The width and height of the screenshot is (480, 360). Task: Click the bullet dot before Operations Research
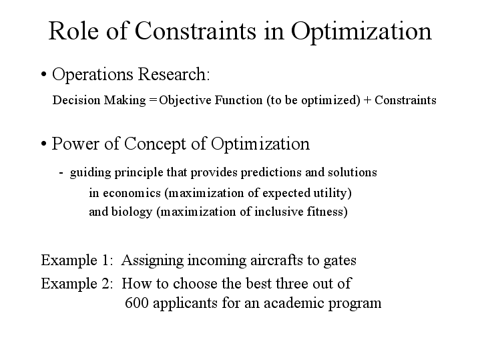pos(43,75)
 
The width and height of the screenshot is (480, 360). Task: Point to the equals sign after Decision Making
pos(154,101)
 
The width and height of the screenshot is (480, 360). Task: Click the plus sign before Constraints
pos(367,101)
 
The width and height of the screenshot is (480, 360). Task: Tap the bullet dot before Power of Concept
pos(43,144)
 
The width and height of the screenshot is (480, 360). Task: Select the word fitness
pos(328,213)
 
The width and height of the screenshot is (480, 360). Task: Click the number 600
pos(137,303)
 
